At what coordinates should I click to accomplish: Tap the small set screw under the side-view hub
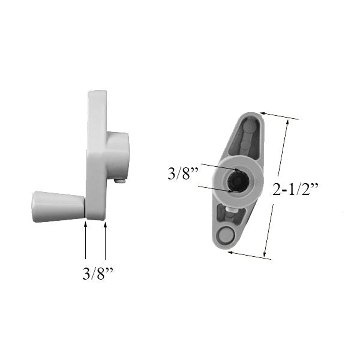tap(121, 181)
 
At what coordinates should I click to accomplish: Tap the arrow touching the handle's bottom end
tap(248, 255)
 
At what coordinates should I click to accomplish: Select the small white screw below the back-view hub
tap(230, 209)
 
